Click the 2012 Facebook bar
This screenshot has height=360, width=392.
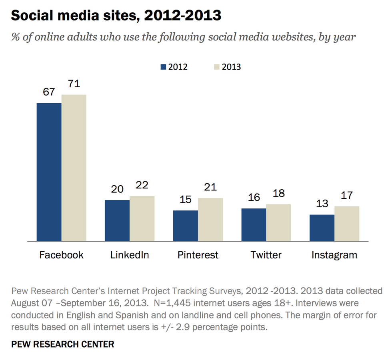click(x=49, y=172)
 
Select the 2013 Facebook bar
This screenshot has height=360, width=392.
click(x=74, y=168)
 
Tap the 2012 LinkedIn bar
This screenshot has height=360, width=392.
click(x=117, y=220)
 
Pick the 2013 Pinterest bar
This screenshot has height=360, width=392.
click(x=210, y=220)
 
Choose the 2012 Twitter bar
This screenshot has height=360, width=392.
click(x=253, y=225)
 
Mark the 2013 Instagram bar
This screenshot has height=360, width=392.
click(x=346, y=224)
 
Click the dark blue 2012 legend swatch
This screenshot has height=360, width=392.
click(x=163, y=67)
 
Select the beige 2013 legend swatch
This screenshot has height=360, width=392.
click(x=217, y=67)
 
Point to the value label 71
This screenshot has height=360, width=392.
click(x=74, y=84)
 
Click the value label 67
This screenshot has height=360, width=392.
click(x=49, y=92)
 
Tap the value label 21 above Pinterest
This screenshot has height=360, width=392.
click(x=210, y=187)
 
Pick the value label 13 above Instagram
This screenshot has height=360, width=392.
click(x=322, y=204)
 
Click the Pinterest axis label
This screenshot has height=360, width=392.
click(x=198, y=255)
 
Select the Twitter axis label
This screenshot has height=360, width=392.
click(x=266, y=255)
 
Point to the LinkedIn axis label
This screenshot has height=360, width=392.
click(x=130, y=255)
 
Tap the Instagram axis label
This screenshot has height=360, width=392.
click(x=334, y=255)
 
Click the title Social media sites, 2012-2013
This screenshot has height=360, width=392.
click(x=116, y=16)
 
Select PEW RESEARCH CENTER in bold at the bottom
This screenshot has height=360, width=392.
click(x=63, y=344)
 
